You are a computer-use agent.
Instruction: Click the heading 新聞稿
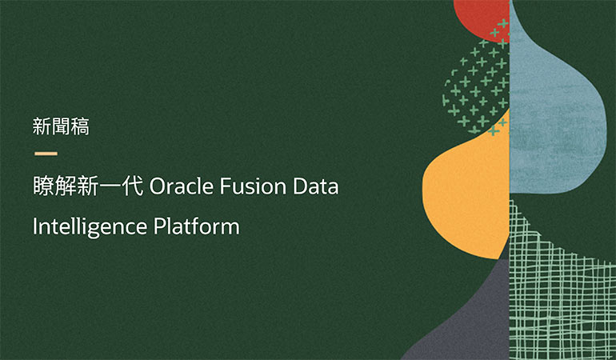[x=60, y=126]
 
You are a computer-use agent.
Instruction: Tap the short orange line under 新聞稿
[x=45, y=153]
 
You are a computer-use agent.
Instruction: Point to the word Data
[x=318, y=187]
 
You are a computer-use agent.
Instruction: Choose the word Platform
[x=196, y=226]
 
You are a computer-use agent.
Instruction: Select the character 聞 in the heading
[x=60, y=126]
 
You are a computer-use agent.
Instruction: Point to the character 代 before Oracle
[x=132, y=187]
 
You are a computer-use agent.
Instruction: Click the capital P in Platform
[x=158, y=226]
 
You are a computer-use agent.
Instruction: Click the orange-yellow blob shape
[x=464, y=196]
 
